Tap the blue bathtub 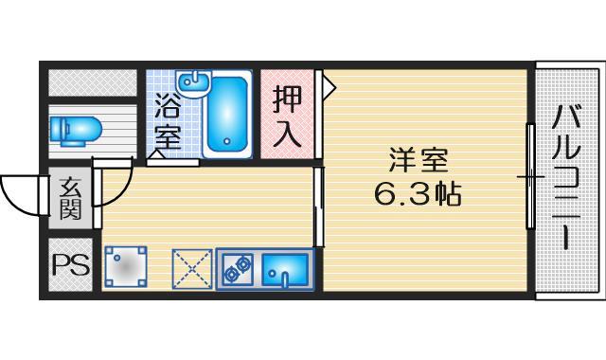[226, 115]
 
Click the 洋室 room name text [417, 158]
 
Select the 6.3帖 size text [418, 195]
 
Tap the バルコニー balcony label [567, 180]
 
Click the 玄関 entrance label [71, 198]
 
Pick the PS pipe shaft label [70, 265]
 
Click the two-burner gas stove [237, 269]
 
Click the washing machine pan [126, 268]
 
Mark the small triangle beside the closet [329, 87]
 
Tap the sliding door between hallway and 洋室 [318, 199]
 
